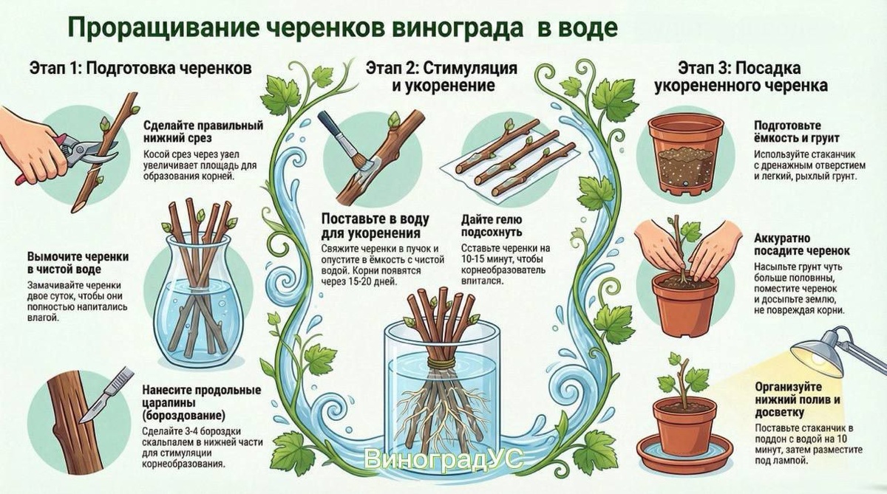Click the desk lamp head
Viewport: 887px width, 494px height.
[x=818, y=356]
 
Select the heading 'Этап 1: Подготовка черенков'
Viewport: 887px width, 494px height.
[x=140, y=69]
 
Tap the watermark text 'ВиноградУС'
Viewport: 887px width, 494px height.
[x=444, y=459]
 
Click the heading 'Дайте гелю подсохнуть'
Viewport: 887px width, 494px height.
[x=492, y=225]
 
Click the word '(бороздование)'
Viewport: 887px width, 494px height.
[x=184, y=416]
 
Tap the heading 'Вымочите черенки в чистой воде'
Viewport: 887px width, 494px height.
[x=78, y=263]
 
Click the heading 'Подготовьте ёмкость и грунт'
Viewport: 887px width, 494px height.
[x=797, y=131]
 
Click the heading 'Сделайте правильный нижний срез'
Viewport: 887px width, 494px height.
[x=203, y=131]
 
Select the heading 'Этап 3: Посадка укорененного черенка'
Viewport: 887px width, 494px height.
[x=741, y=77]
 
